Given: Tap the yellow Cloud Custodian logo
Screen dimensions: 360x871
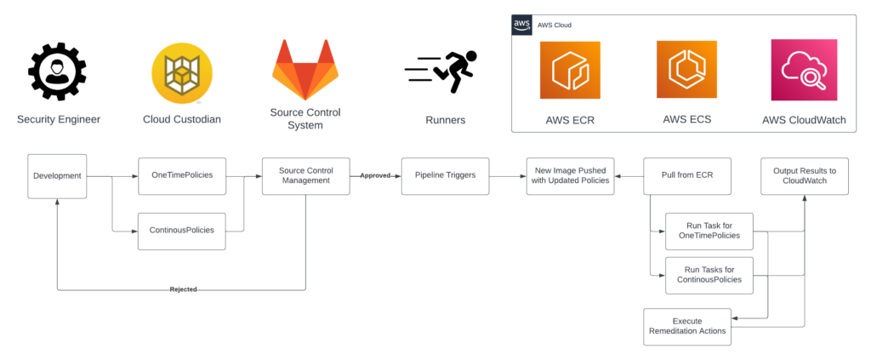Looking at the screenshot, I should tap(181, 73).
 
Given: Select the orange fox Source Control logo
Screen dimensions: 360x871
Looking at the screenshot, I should tap(305, 70).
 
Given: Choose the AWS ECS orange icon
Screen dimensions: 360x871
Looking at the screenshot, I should tap(686, 70).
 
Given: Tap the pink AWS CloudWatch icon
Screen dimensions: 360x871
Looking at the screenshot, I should tap(804, 71).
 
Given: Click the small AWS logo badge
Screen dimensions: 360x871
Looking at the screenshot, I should tap(522, 25).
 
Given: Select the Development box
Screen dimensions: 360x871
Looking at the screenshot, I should tap(57, 176).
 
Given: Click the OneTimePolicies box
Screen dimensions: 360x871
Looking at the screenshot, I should tap(181, 176).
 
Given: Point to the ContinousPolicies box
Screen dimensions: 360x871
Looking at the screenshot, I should tap(181, 231).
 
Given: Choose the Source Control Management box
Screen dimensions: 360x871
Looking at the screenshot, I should tap(305, 176).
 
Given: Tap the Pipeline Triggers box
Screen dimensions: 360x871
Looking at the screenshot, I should tap(445, 176).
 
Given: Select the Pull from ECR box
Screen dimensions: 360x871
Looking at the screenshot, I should tap(686, 176).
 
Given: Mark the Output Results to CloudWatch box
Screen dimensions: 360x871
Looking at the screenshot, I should tap(804, 176).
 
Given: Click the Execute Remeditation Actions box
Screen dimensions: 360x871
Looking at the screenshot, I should tap(686, 326).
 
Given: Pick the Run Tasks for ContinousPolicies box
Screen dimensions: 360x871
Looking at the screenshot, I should tap(709, 274).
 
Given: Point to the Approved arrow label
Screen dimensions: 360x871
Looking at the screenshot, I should tap(375, 176).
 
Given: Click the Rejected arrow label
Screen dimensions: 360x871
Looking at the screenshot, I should tap(182, 289).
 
